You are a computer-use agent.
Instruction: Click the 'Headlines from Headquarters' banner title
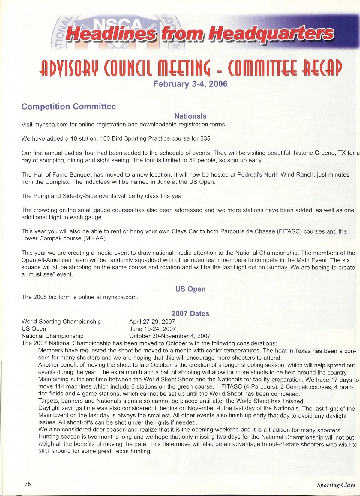(x=199, y=34)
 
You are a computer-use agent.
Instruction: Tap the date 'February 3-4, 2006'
(x=190, y=83)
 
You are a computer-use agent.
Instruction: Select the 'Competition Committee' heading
(x=69, y=107)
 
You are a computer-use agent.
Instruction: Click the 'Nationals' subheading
(x=190, y=116)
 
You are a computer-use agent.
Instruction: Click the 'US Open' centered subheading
(x=190, y=289)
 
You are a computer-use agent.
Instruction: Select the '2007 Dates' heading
(x=190, y=313)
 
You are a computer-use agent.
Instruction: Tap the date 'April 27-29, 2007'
(x=152, y=322)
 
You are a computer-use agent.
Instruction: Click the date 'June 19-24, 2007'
(x=152, y=329)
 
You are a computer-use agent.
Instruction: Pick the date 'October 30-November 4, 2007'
(x=170, y=336)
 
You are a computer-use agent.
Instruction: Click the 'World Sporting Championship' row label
(x=61, y=322)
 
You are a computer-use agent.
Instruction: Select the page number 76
(x=28, y=484)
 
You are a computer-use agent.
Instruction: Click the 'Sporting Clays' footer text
(x=336, y=485)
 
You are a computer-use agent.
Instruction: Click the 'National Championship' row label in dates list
(x=52, y=336)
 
